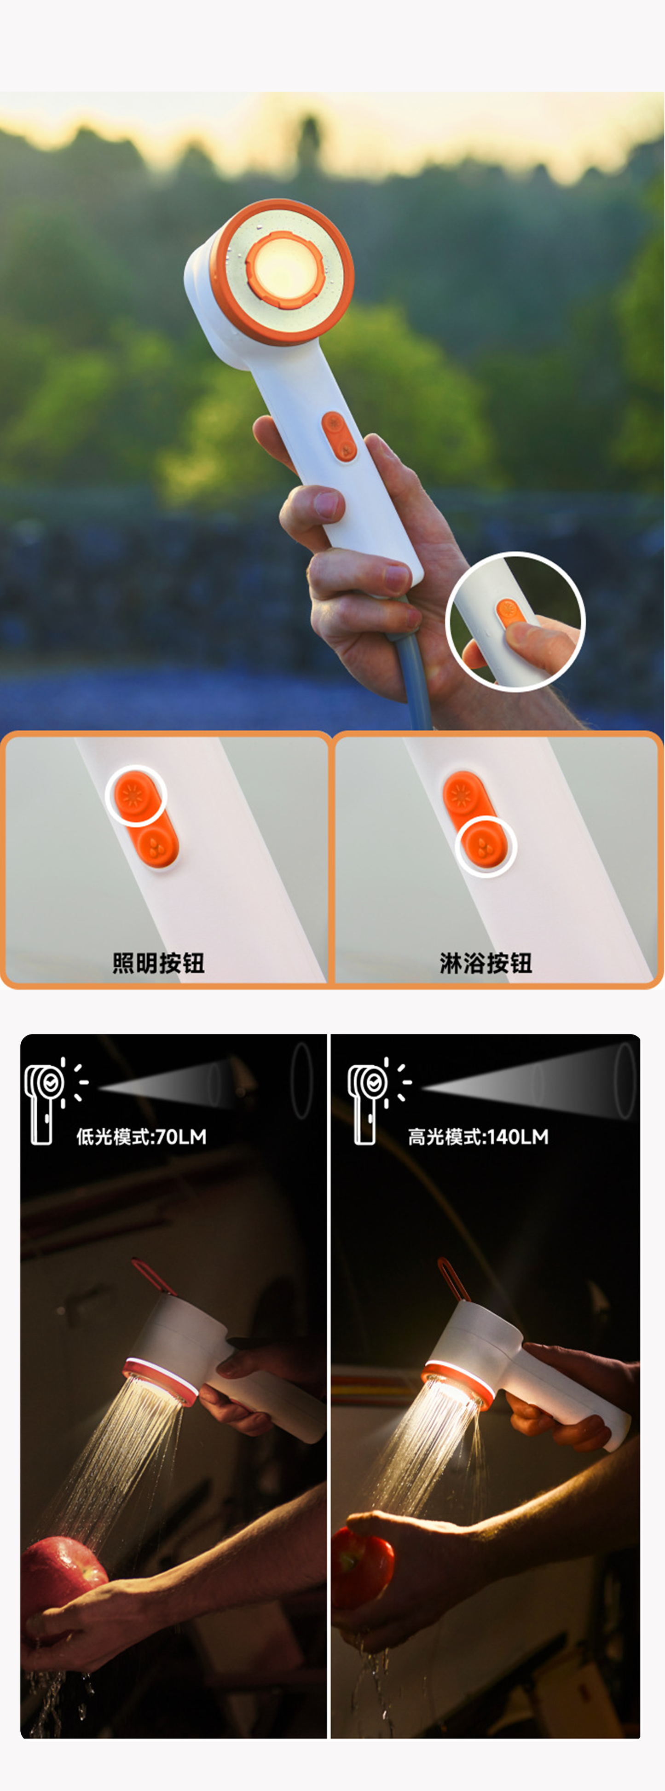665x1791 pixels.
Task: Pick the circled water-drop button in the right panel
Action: [485, 846]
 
